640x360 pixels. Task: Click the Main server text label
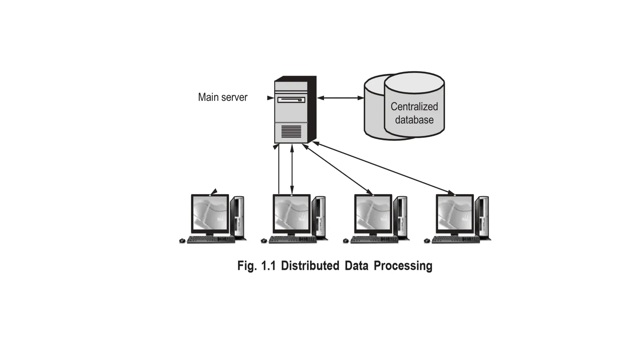tap(222, 97)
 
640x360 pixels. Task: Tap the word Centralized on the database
tap(414, 107)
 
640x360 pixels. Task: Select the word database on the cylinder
tap(414, 120)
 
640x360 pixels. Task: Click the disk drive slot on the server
tap(291, 100)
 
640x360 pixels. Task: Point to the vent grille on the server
tap(291, 132)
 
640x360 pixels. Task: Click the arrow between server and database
tap(340, 98)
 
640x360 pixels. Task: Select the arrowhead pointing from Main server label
tap(270, 98)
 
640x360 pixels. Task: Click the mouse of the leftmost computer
tap(182, 241)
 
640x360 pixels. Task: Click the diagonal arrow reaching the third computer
tap(337, 169)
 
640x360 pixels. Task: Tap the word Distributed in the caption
tap(310, 266)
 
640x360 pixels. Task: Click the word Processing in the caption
tap(403, 266)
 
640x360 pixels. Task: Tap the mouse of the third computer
tap(346, 241)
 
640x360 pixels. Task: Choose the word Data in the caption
tap(356, 266)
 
